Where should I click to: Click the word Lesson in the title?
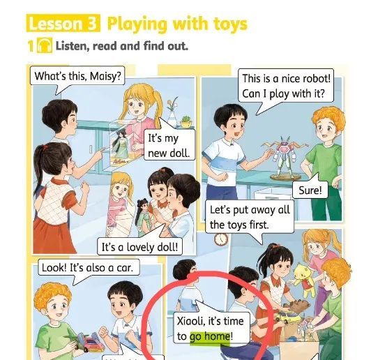(56, 24)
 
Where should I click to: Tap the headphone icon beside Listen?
(45, 45)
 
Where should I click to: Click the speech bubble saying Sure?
(310, 190)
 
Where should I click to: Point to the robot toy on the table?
(285, 157)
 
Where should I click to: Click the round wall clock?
(221, 239)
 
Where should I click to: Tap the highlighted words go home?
(210, 336)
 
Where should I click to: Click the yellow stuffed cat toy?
(305, 279)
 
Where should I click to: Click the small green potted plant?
(187, 122)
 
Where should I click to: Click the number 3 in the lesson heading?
(92, 23)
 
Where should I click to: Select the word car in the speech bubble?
(125, 268)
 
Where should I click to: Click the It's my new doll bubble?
(169, 145)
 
